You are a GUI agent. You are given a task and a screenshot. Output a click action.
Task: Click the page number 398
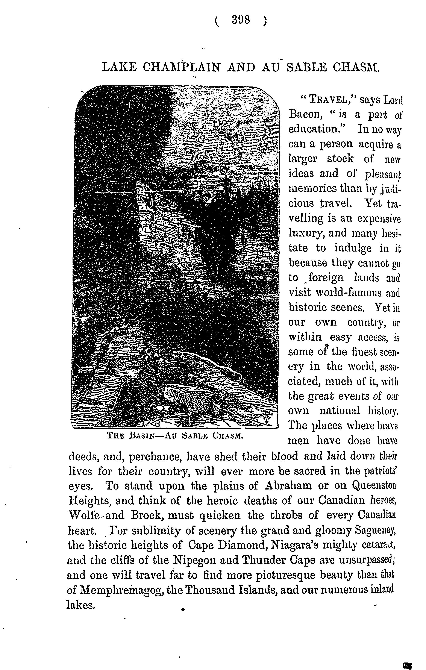pos(241,21)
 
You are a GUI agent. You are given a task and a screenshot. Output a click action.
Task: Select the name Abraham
pos(288,485)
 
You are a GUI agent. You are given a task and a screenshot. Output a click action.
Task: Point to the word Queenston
pos(374,485)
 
